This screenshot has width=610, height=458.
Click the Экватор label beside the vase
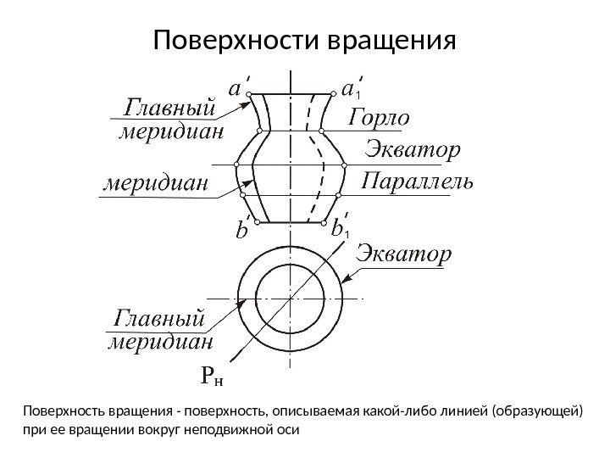413,151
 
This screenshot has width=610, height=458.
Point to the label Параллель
418,182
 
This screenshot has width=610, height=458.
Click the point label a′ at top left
240,88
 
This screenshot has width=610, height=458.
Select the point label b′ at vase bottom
242,230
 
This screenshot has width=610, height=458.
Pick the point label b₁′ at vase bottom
340,229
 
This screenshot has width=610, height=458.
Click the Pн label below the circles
214,375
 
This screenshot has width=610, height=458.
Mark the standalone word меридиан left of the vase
157,182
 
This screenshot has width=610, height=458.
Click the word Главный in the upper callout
170,109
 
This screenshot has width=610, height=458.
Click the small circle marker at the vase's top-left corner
252,98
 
